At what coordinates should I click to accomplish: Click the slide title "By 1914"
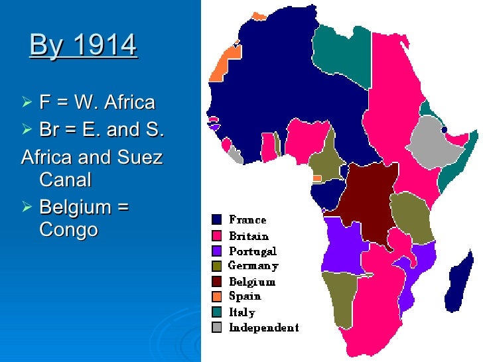pos(83,45)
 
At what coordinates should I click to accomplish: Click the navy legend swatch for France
pos(217,219)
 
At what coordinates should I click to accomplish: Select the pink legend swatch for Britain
pos(217,235)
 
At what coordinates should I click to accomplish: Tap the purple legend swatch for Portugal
pos(217,251)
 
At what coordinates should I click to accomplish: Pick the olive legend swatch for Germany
pos(217,266)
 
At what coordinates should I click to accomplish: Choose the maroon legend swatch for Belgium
pos(217,281)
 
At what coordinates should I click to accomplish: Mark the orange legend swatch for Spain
pos(217,296)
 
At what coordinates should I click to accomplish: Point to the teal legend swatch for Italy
pos(217,312)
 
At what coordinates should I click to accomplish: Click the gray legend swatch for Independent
pos(217,327)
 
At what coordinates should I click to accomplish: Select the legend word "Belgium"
pos(252,282)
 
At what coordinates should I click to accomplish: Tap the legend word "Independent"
pos(263,328)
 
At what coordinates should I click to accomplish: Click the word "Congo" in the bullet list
pos(68,229)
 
